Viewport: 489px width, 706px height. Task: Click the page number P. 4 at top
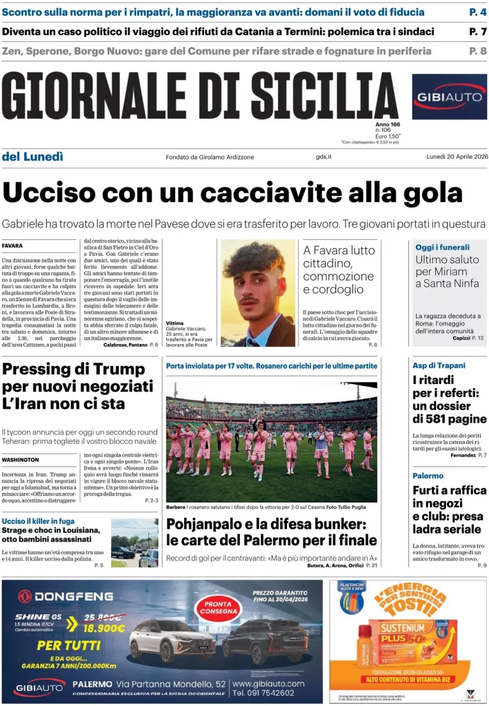pyautogui.click(x=477, y=12)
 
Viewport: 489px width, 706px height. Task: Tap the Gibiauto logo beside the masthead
pyautogui.click(x=449, y=97)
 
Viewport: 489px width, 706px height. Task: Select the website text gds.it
pyautogui.click(x=324, y=157)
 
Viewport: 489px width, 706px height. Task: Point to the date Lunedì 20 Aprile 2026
pyautogui.click(x=456, y=157)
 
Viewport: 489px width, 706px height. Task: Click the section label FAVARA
pyautogui.click(x=12, y=246)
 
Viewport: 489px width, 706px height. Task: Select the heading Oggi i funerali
pyautogui.click(x=442, y=247)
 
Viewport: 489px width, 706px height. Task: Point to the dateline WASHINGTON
pyautogui.click(x=21, y=459)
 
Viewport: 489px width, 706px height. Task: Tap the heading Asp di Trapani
pyautogui.click(x=439, y=365)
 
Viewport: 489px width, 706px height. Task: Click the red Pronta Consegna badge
pyautogui.click(x=217, y=607)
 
